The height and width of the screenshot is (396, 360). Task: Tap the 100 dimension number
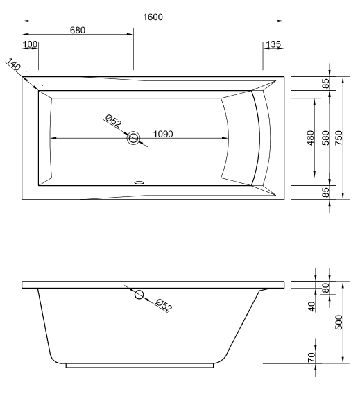tap(30, 45)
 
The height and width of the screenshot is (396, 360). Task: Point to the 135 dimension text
tap(273, 45)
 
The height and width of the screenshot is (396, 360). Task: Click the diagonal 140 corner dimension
tap(14, 67)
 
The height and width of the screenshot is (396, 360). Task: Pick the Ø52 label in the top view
tap(113, 123)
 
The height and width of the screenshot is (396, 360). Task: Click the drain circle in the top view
tap(133, 138)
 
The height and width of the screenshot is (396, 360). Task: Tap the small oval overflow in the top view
tap(138, 184)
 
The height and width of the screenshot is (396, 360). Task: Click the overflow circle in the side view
tap(139, 295)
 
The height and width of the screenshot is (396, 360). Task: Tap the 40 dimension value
tap(312, 304)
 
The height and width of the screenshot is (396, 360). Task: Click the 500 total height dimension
tap(339, 323)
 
